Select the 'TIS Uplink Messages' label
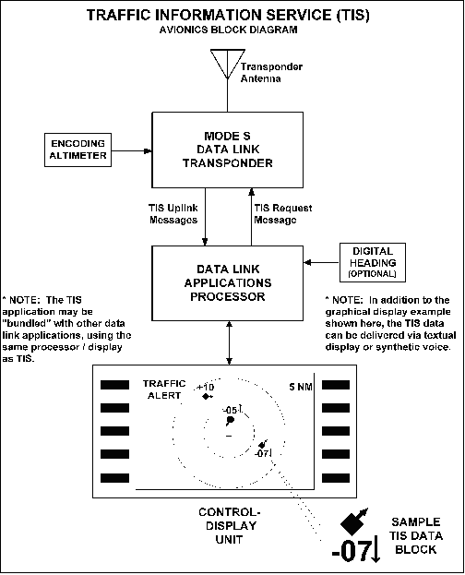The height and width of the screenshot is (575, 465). point(173,214)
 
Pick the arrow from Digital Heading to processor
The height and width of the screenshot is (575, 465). point(319,262)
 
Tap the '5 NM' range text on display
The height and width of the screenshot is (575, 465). point(301,385)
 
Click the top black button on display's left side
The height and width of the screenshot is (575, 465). point(117,383)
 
